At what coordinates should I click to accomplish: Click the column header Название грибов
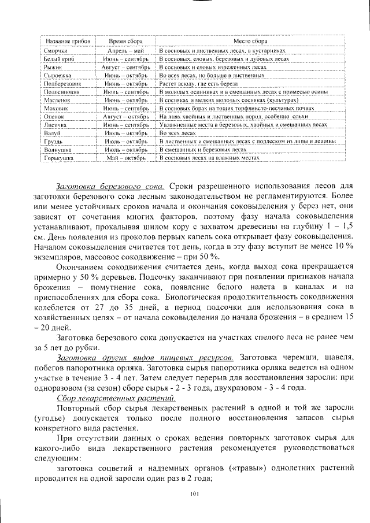tap(62, 42)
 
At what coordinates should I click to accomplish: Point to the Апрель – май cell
tap(125, 51)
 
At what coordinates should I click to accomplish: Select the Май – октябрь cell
tap(125, 157)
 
